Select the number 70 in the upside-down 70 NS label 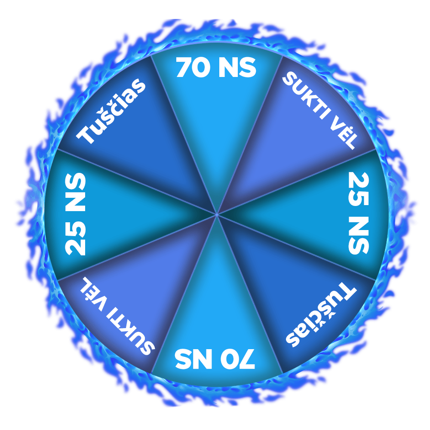238,359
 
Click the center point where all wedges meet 217,214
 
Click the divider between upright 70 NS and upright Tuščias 181,129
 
